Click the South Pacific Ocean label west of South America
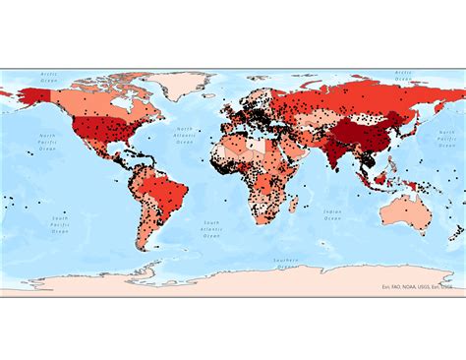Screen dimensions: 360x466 coord(61,223)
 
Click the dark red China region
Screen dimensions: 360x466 coord(369,133)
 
